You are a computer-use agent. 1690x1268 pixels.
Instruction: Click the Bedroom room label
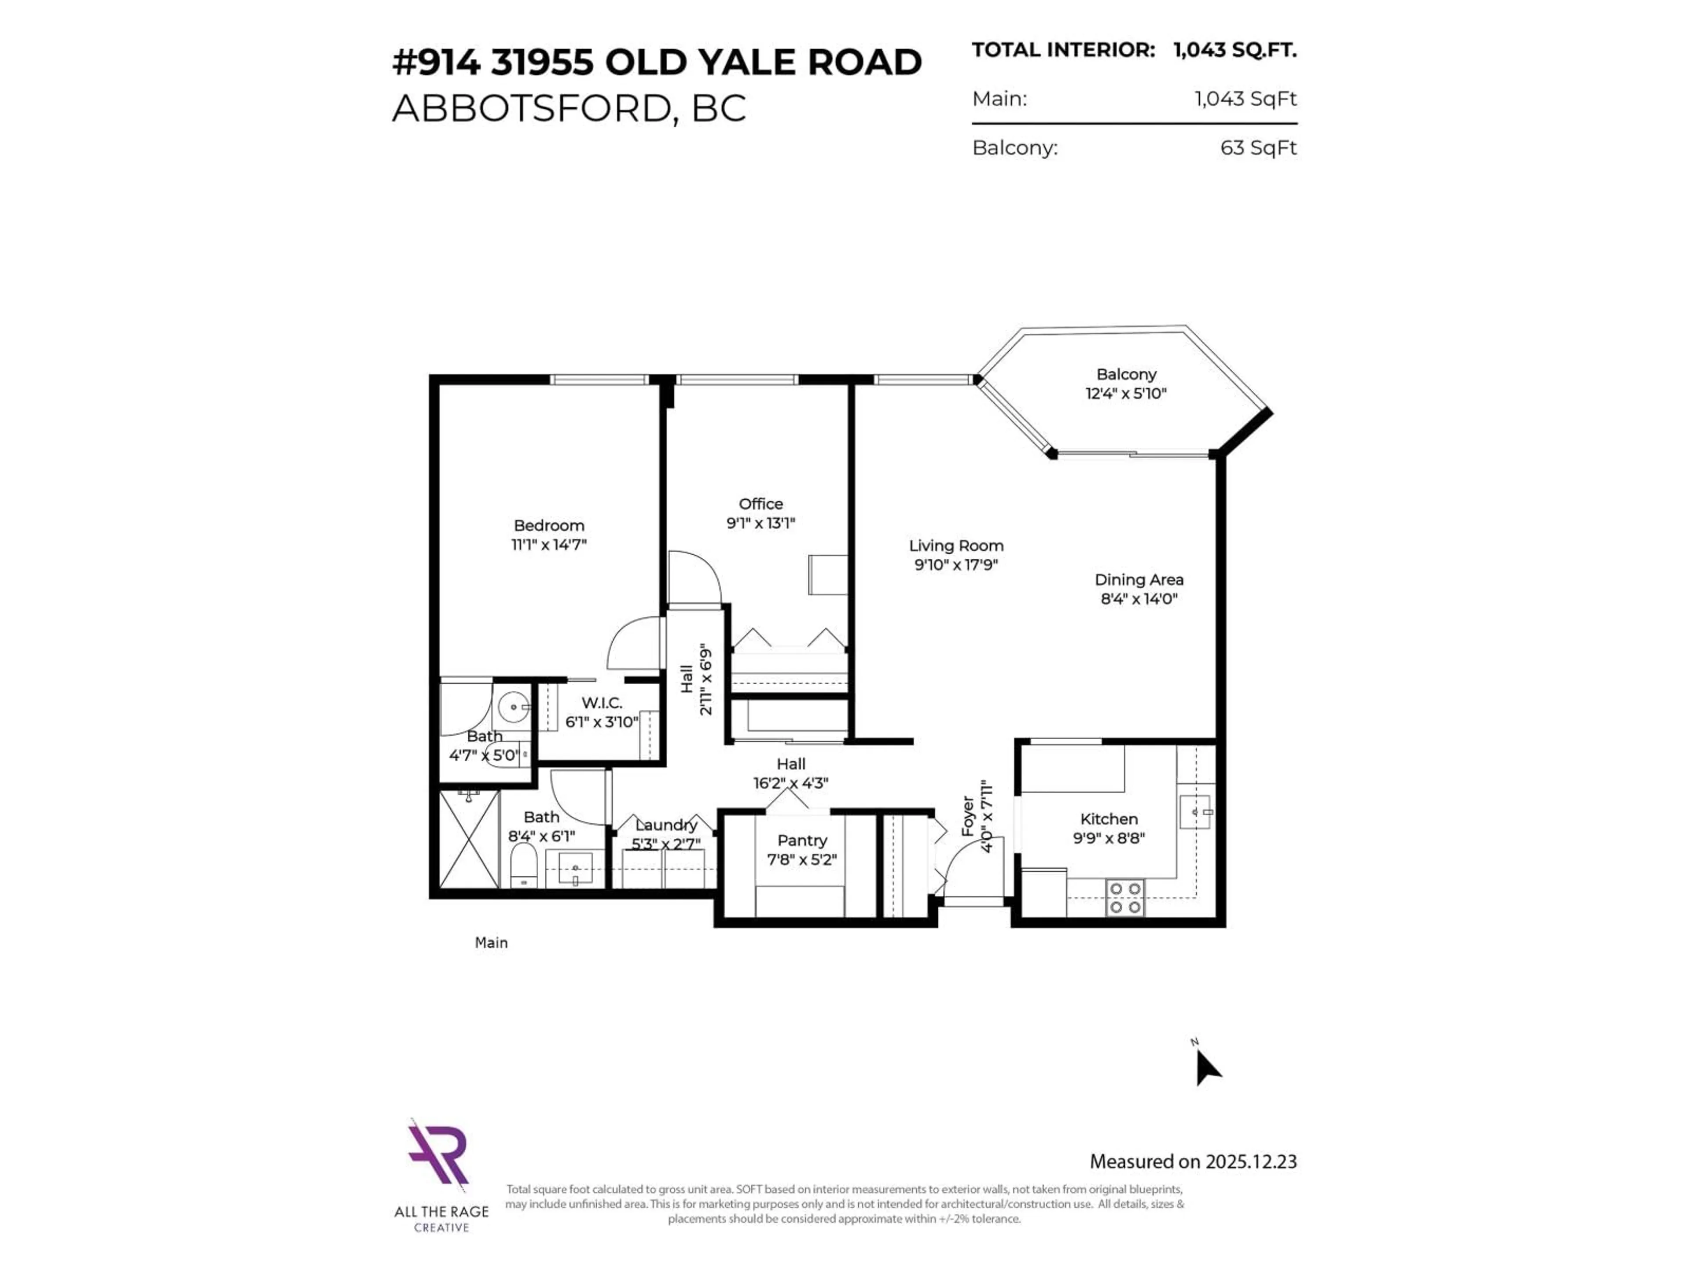[548, 525]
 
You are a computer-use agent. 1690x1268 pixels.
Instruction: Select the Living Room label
[956, 545]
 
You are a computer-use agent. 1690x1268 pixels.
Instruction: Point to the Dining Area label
[1139, 579]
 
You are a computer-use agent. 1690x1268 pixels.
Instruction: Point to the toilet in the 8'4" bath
[523, 864]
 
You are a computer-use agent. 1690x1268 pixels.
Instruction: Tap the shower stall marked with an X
[468, 839]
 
